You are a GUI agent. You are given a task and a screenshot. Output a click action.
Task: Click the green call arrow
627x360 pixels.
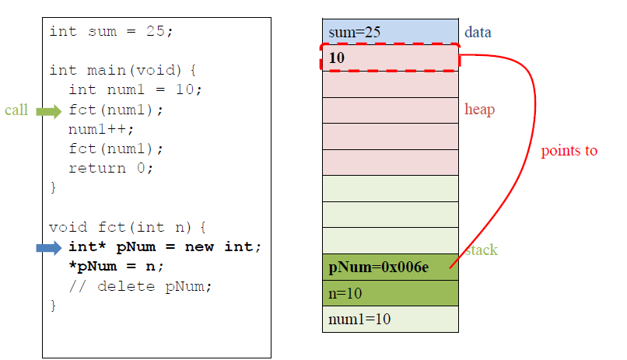[x=48, y=110]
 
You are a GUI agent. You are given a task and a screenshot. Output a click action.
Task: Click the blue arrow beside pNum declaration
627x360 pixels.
[x=48, y=248]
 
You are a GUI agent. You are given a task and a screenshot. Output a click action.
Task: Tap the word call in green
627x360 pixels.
[x=16, y=110]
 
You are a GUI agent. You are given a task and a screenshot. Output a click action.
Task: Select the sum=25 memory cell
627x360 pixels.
[x=390, y=32]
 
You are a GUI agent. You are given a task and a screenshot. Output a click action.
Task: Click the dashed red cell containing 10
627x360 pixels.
[x=390, y=58]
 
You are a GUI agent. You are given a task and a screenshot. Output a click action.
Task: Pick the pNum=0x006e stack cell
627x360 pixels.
[x=390, y=267]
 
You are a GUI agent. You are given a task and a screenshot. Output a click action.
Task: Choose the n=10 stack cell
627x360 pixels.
[x=390, y=293]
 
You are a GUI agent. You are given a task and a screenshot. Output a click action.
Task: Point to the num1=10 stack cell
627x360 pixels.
[x=390, y=320]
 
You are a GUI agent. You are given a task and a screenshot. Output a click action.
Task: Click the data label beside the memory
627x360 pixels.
[x=478, y=33]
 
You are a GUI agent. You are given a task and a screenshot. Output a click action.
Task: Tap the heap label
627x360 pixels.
[x=479, y=110]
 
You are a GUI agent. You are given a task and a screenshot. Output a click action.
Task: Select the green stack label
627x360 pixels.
[x=482, y=250]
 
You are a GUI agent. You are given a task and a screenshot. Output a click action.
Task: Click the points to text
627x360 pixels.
[x=569, y=151]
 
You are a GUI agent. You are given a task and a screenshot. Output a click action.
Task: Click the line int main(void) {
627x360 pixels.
[x=124, y=70]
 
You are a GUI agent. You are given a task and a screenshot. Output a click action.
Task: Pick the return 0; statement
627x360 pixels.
[x=111, y=168]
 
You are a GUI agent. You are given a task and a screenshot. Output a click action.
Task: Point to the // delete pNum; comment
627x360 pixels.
[x=140, y=286]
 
